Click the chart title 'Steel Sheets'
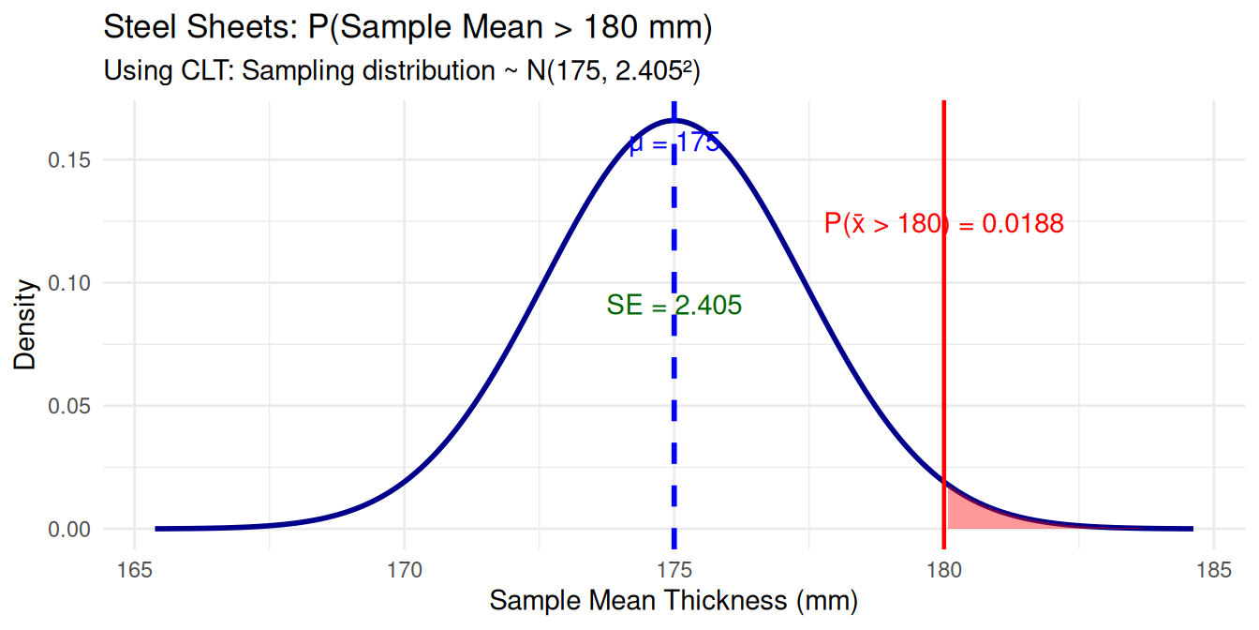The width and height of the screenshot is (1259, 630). tap(408, 28)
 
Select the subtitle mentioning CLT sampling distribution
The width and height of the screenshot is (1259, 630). tap(402, 70)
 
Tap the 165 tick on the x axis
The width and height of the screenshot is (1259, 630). tap(134, 569)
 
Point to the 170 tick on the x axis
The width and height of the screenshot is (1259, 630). tap(404, 569)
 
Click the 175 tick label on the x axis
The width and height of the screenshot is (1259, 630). tap(674, 569)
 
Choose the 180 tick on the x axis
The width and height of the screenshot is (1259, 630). tap(943, 569)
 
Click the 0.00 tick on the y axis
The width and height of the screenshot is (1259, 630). tap(67, 530)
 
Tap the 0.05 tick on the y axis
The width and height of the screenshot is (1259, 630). tap(67, 406)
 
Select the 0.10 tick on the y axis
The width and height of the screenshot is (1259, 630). tap(67, 283)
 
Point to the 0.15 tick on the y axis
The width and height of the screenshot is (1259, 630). tap(67, 160)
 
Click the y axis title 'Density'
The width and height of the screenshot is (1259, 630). tap(25, 323)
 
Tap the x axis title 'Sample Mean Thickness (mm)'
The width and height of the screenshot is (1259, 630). tap(674, 601)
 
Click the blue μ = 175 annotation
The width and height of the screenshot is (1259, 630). tap(674, 143)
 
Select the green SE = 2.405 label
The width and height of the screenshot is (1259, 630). tap(674, 305)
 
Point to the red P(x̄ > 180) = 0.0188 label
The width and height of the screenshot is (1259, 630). tap(943, 224)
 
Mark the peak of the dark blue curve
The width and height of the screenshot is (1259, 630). tap(674, 120)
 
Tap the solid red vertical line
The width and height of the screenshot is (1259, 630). tap(943, 375)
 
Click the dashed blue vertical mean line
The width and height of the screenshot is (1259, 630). tap(674, 422)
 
